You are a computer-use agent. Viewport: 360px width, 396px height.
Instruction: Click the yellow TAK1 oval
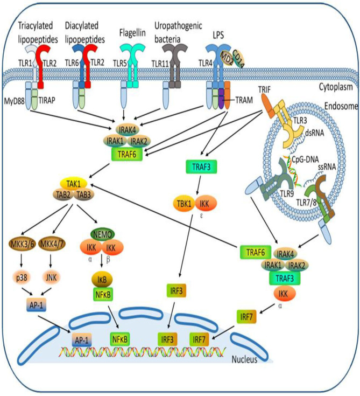point(73,184)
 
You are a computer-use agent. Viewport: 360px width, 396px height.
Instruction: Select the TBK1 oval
point(185,204)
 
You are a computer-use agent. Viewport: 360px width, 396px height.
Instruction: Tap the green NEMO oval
point(102,234)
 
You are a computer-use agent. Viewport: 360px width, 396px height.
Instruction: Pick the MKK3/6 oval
point(22,244)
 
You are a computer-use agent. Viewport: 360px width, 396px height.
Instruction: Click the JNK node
point(51,277)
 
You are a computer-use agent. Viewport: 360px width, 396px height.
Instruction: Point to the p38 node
point(22,277)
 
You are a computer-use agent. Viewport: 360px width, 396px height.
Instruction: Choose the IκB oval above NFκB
point(102,280)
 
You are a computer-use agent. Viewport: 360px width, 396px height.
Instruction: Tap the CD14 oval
point(238,59)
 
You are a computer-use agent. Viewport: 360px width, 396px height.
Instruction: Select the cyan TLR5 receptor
point(132,66)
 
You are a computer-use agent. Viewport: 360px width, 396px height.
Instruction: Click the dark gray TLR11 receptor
point(175,66)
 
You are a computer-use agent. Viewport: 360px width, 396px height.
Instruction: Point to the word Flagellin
point(132,33)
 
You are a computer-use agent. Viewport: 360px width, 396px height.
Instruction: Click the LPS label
point(218,34)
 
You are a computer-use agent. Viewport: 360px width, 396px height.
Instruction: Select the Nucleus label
point(244,359)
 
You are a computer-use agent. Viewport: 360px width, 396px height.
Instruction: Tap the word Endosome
point(341,106)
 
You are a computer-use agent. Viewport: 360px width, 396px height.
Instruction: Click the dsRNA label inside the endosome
point(315,133)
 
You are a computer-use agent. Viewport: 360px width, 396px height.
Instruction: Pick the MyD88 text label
point(14,101)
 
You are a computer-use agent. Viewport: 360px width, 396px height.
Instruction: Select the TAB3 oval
point(84,194)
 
